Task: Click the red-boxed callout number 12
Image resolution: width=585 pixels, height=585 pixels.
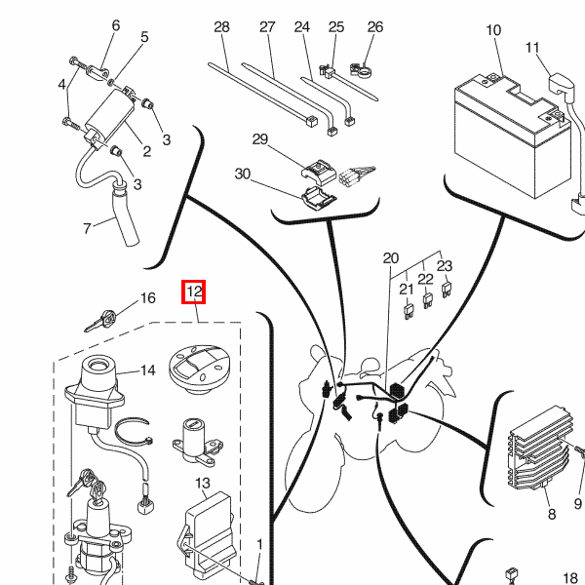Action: (193, 292)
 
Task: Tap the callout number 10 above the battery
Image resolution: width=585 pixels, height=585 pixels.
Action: (494, 31)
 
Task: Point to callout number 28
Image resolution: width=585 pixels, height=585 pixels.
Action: (221, 27)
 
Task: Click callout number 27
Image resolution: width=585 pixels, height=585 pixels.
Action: (267, 27)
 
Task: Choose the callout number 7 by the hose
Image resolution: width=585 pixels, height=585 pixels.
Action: (86, 229)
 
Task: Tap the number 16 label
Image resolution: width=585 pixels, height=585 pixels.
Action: (148, 298)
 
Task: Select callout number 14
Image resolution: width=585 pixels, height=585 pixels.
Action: (148, 370)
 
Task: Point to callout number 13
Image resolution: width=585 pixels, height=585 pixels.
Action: (203, 483)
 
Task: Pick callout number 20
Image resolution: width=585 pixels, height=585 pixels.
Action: (391, 259)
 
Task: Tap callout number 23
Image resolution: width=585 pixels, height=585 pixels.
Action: (445, 264)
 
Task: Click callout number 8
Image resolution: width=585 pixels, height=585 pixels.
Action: (551, 515)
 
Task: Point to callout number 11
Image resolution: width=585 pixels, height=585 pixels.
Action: (532, 48)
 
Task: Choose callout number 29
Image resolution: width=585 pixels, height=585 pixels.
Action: (259, 140)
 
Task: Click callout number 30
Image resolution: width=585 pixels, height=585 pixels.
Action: (243, 174)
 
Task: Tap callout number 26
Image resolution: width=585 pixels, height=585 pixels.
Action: (375, 27)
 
